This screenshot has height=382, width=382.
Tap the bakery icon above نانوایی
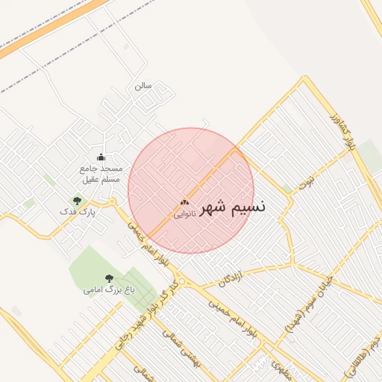pos(184,202)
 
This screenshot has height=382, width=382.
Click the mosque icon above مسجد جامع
pos(101,157)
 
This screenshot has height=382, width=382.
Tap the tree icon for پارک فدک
pos(76,201)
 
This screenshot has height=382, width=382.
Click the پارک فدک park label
pos(78,213)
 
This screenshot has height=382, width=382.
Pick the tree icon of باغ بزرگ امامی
pos(109,278)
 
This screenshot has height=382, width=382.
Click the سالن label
pos(143,86)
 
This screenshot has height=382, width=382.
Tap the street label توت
pos(307,181)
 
